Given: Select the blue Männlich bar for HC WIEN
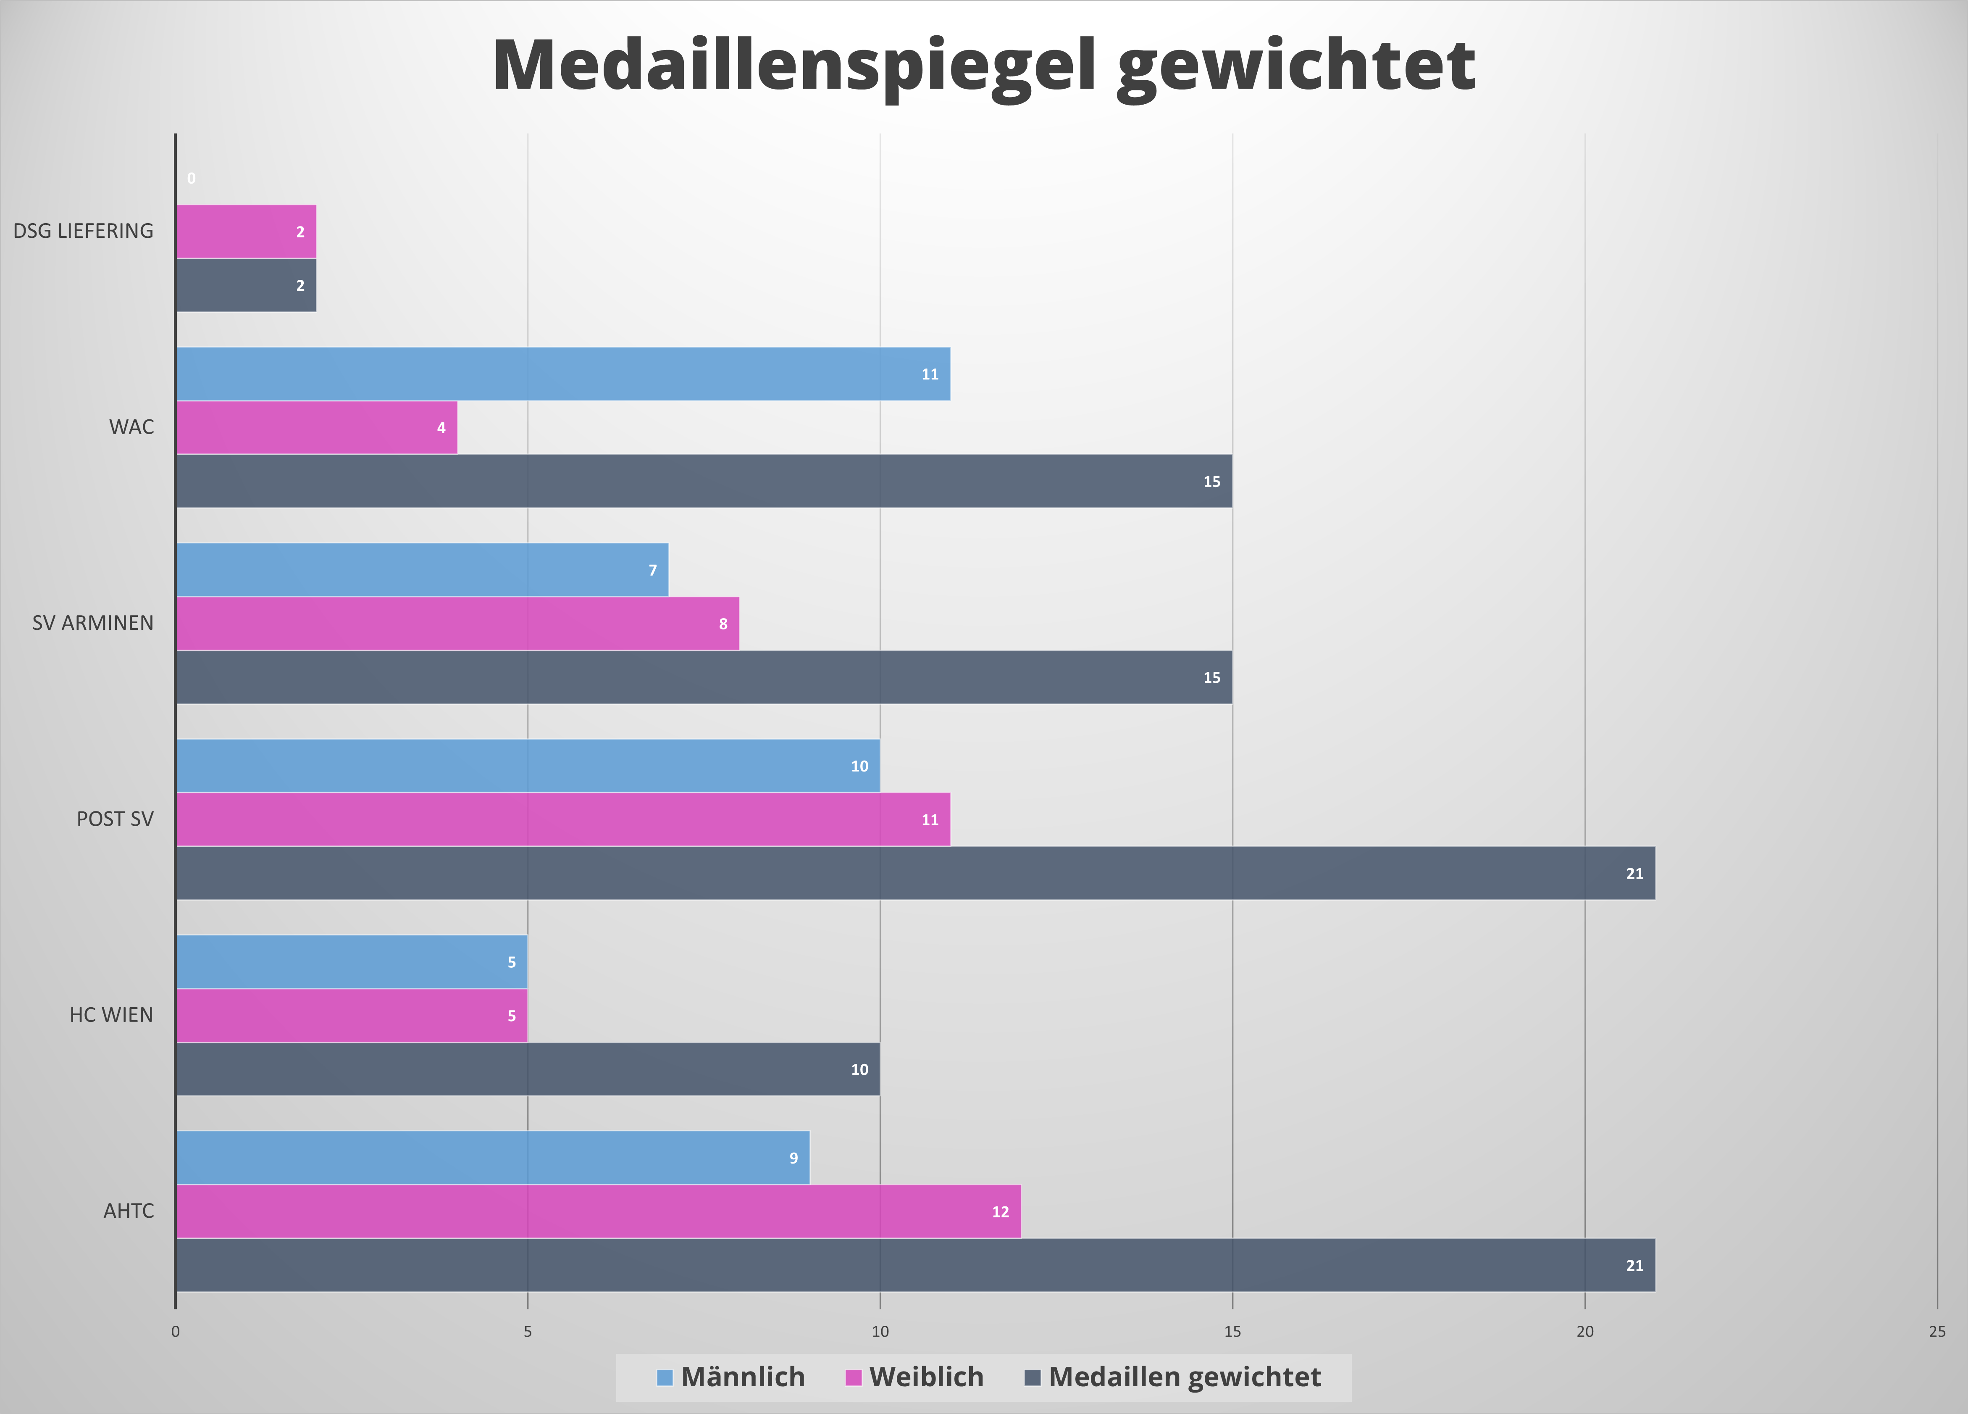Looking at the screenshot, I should pyautogui.click(x=352, y=962).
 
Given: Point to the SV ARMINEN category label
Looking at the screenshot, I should pyautogui.click(x=93, y=623).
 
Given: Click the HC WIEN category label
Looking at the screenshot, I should pyautogui.click(x=111, y=1015).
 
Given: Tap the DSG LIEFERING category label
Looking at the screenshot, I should pyautogui.click(x=83, y=231).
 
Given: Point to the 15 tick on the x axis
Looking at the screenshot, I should pyautogui.click(x=1232, y=1332).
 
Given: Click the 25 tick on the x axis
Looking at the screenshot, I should pyautogui.click(x=1937, y=1332).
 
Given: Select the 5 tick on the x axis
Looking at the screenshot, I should pyautogui.click(x=528, y=1332).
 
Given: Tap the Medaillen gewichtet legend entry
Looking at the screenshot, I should pyautogui.click(x=1173, y=1377).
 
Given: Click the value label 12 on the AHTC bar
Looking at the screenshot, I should pyautogui.click(x=1001, y=1212).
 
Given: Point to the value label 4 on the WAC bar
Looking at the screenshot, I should pyautogui.click(x=441, y=428).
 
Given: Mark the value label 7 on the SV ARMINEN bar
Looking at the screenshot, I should pyautogui.click(x=652, y=570).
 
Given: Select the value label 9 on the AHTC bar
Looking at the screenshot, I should pyautogui.click(x=793, y=1158).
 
